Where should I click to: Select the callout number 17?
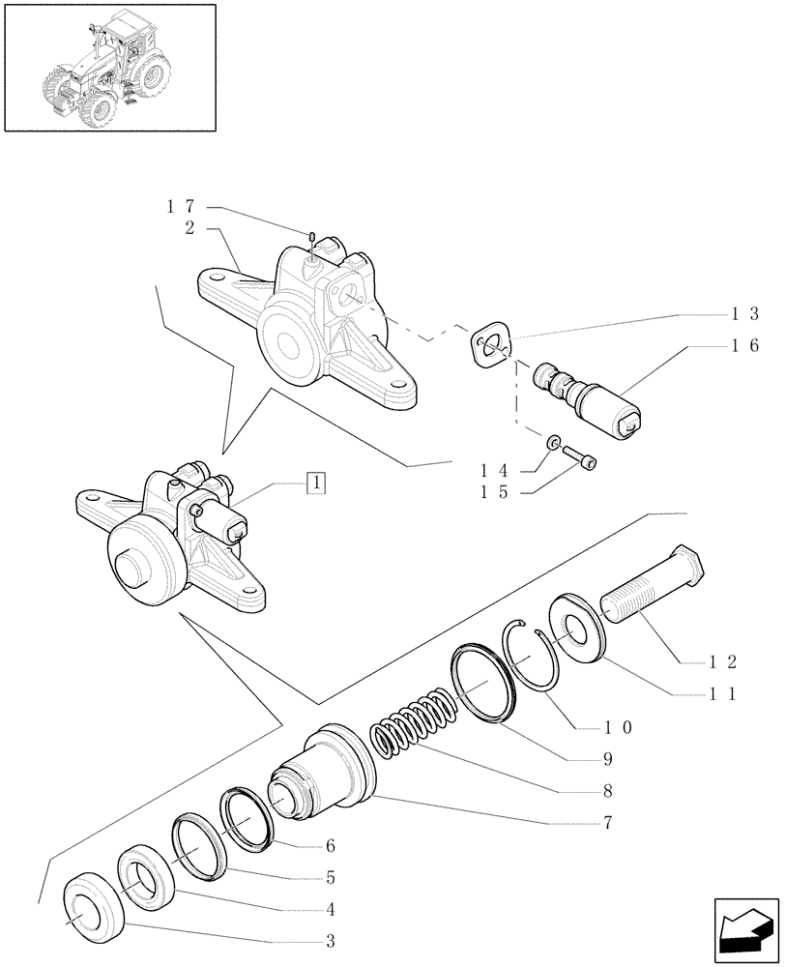coord(181,206)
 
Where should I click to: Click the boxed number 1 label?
coord(316,482)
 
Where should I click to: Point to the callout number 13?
coord(745,313)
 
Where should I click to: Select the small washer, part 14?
coord(553,443)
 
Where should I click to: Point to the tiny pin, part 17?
coord(312,237)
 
